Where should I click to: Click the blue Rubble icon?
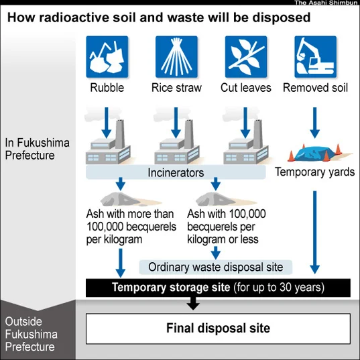(107, 57)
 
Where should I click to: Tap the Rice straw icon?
(176, 57)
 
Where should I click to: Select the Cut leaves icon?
(246, 57)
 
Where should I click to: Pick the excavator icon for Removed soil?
(316, 57)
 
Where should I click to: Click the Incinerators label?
(176, 172)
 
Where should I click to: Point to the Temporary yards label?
(315, 172)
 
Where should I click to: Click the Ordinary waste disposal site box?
(216, 267)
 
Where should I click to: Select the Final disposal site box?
(218, 328)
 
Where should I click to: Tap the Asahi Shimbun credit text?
(326, 3)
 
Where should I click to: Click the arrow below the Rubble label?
(107, 123)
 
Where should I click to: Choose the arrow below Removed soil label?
(315, 123)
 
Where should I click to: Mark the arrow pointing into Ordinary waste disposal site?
(216, 253)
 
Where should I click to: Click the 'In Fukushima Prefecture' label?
(37, 149)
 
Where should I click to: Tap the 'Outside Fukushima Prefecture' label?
(32, 334)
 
